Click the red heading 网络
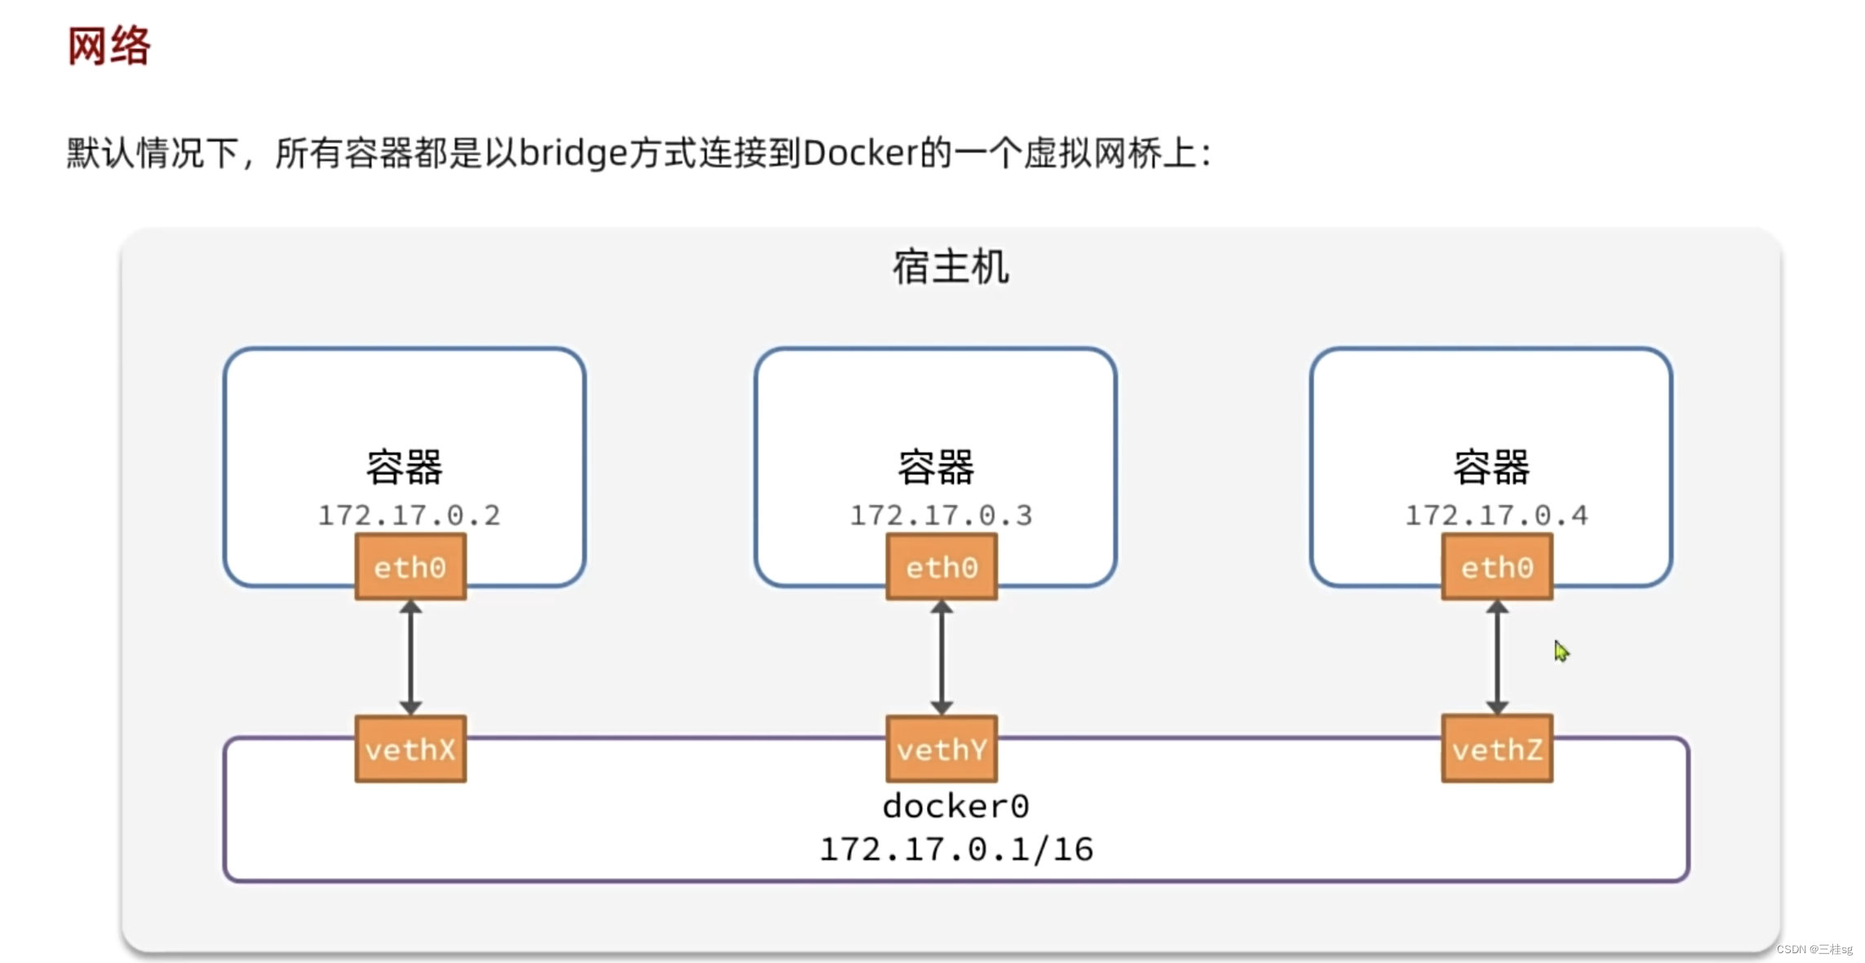[x=109, y=46]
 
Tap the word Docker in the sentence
[x=861, y=153]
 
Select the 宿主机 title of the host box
[x=950, y=267]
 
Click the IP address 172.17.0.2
[x=409, y=516]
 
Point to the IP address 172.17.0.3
[x=941, y=516]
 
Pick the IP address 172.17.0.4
[x=1495, y=516]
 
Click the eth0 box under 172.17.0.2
[x=410, y=567]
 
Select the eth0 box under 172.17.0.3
[x=941, y=567]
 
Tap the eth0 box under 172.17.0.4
[x=1496, y=567]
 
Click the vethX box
[x=410, y=749]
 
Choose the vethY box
[x=941, y=749]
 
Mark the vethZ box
[x=1496, y=749]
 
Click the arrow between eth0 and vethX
[x=410, y=658]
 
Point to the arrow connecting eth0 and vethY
[x=941, y=658]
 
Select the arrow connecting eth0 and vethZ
[x=1496, y=658]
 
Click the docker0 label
[x=955, y=806]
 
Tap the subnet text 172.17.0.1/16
[x=955, y=850]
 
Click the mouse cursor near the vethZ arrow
[x=1561, y=651]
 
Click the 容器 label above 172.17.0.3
[x=936, y=468]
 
